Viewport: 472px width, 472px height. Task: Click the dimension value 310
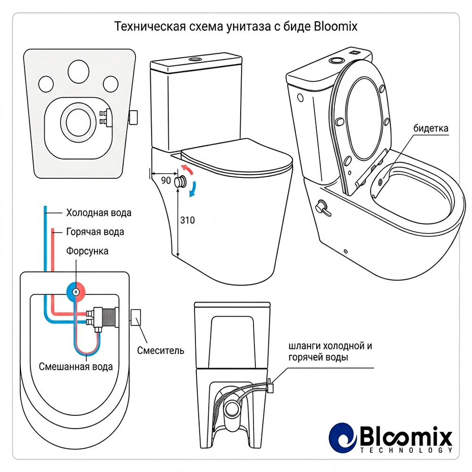coord(187,220)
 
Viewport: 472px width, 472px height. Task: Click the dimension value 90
coord(166,180)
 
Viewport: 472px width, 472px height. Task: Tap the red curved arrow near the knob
coord(187,170)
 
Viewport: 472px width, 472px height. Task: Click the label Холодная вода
coord(99,213)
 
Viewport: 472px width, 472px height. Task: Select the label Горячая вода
coord(95,232)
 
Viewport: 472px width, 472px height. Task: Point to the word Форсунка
coord(87,251)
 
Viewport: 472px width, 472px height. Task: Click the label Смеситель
coord(160,350)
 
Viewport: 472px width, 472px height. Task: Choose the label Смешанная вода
coord(76,367)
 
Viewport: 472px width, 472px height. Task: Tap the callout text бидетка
coord(431,128)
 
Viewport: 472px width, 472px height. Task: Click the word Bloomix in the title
coord(336,26)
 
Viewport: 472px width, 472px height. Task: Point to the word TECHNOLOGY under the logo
coord(406,450)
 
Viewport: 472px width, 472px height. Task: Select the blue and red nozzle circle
coord(76,291)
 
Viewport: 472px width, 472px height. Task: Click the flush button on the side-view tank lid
coord(196,59)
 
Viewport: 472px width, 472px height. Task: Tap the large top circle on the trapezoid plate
coord(78,72)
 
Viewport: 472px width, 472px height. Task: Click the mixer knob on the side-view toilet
coord(181,182)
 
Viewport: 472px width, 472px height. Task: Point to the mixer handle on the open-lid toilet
coord(322,208)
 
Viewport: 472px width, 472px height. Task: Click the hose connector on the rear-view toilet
coord(270,386)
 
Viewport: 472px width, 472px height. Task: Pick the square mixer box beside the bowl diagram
coord(136,317)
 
